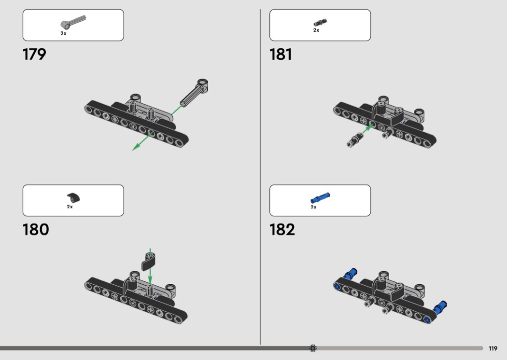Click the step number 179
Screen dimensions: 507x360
pyautogui.click(x=34, y=55)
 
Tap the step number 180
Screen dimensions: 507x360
pyautogui.click(x=36, y=230)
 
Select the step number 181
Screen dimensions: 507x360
pyautogui.click(x=281, y=55)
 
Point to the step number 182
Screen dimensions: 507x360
pyautogui.click(x=282, y=230)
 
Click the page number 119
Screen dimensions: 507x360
pyautogui.click(x=493, y=348)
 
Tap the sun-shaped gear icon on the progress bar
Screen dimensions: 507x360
pyautogui.click(x=313, y=348)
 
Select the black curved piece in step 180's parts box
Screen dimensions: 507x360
pyautogui.click(x=73, y=197)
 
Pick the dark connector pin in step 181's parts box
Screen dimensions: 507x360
pyautogui.click(x=320, y=22)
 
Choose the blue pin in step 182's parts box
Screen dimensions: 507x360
pyautogui.click(x=320, y=198)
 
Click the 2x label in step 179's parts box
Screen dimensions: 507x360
pyautogui.click(x=63, y=33)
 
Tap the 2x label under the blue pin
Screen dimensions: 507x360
pyautogui.click(x=313, y=207)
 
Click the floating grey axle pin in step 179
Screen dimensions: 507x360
pyautogui.click(x=194, y=93)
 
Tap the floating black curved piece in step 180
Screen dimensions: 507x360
pyautogui.click(x=148, y=262)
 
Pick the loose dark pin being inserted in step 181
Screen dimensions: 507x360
pyautogui.click(x=355, y=140)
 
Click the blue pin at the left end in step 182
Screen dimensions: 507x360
pyautogui.click(x=350, y=274)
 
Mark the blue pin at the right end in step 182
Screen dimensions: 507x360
pyautogui.click(x=440, y=307)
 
